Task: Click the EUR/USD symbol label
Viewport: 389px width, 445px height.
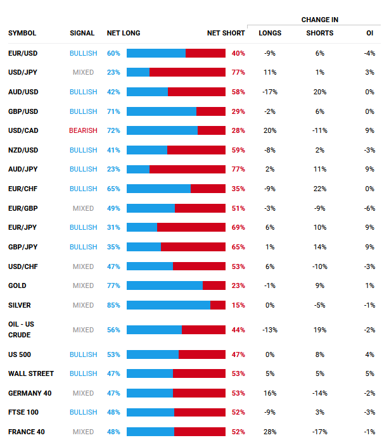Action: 23,53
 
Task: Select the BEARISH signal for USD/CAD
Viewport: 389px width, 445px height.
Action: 84,130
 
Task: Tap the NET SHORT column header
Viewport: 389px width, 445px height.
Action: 226,33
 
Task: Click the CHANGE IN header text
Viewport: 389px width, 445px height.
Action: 319,20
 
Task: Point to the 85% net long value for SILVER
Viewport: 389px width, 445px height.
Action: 113,305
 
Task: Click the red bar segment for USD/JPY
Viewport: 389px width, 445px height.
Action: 187,72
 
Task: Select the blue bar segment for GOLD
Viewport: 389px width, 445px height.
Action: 165,285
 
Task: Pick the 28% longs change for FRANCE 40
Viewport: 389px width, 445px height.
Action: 269,432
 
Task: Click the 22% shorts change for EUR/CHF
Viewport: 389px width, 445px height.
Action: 320,189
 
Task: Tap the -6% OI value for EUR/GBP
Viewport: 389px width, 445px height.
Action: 370,208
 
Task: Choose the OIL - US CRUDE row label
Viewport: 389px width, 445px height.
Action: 22,329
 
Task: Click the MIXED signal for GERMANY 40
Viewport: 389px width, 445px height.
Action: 84,393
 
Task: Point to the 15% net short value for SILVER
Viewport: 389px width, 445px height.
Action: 238,305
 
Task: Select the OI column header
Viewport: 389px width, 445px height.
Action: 370,33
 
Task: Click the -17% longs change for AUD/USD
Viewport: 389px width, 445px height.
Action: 269,92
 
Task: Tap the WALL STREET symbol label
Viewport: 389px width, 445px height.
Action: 31,373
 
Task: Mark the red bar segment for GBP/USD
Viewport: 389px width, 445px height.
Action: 210,111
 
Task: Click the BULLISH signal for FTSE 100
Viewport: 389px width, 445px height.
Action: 84,412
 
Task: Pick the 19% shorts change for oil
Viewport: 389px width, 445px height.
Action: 320,330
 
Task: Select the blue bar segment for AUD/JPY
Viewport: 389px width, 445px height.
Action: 138,169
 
